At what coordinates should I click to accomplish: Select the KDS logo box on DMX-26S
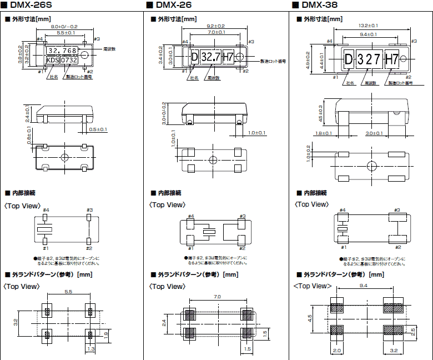coord(51,60)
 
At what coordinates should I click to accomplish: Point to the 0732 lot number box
coord(68,60)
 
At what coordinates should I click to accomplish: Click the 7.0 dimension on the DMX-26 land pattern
coord(216,297)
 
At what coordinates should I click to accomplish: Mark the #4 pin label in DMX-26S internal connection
coord(46,210)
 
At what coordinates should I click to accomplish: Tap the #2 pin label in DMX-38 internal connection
coord(397,246)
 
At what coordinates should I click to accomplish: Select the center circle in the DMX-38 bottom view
coord(371,166)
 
